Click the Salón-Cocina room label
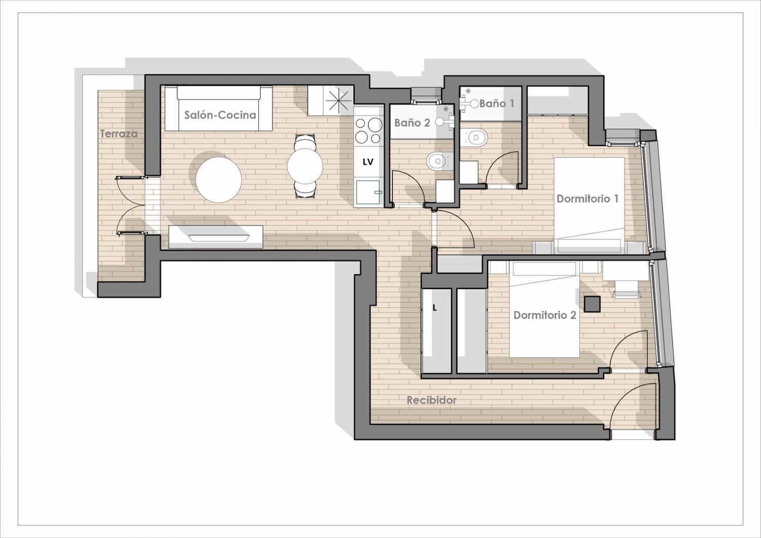[x=220, y=115]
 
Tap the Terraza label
[x=119, y=133]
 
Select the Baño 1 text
[x=497, y=104]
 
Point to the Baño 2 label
[x=412, y=122]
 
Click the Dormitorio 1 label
[x=587, y=198]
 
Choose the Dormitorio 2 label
[x=544, y=315]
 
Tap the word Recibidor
[x=431, y=400]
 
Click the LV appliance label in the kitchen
[x=368, y=162]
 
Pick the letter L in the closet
[x=434, y=308]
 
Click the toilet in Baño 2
[x=439, y=161]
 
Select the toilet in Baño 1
[x=478, y=138]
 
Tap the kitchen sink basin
[x=368, y=192]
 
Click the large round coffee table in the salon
[x=219, y=180]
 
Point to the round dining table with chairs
[x=305, y=166]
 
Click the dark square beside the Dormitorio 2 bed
[x=592, y=304]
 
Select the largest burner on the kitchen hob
[x=374, y=125]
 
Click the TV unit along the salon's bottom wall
[x=216, y=237]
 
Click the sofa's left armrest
[x=171, y=108]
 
